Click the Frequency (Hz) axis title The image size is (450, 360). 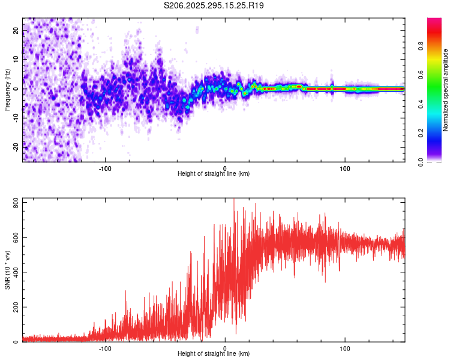click(7, 89)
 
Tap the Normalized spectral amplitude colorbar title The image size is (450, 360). click(446, 90)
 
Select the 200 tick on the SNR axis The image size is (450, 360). click(16, 307)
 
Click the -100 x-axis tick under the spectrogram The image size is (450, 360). click(106, 168)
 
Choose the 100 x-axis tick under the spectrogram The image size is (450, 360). click(345, 168)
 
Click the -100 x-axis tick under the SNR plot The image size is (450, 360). click(106, 348)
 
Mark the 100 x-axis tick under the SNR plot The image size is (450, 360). click(345, 348)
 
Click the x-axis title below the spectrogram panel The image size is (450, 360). click(214, 174)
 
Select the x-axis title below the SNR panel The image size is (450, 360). click(214, 354)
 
